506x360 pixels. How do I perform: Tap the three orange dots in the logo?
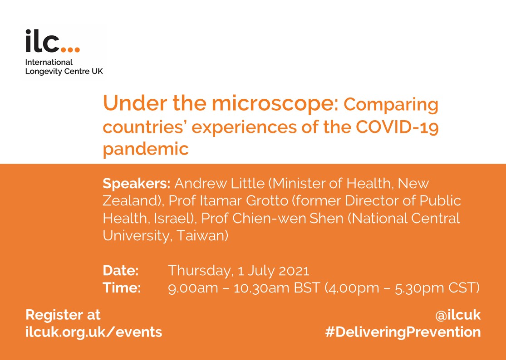click(x=70, y=49)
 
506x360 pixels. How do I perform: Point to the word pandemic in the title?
click(x=146, y=149)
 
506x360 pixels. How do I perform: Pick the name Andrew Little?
click(x=220, y=183)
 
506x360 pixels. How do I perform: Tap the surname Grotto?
click(x=267, y=201)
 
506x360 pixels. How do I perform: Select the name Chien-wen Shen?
click(x=288, y=218)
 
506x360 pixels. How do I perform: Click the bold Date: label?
click(x=121, y=270)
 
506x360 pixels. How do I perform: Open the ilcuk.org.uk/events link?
click(x=93, y=331)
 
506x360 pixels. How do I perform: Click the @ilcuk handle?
click(x=457, y=315)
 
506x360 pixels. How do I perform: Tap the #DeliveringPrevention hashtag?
click(x=403, y=332)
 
